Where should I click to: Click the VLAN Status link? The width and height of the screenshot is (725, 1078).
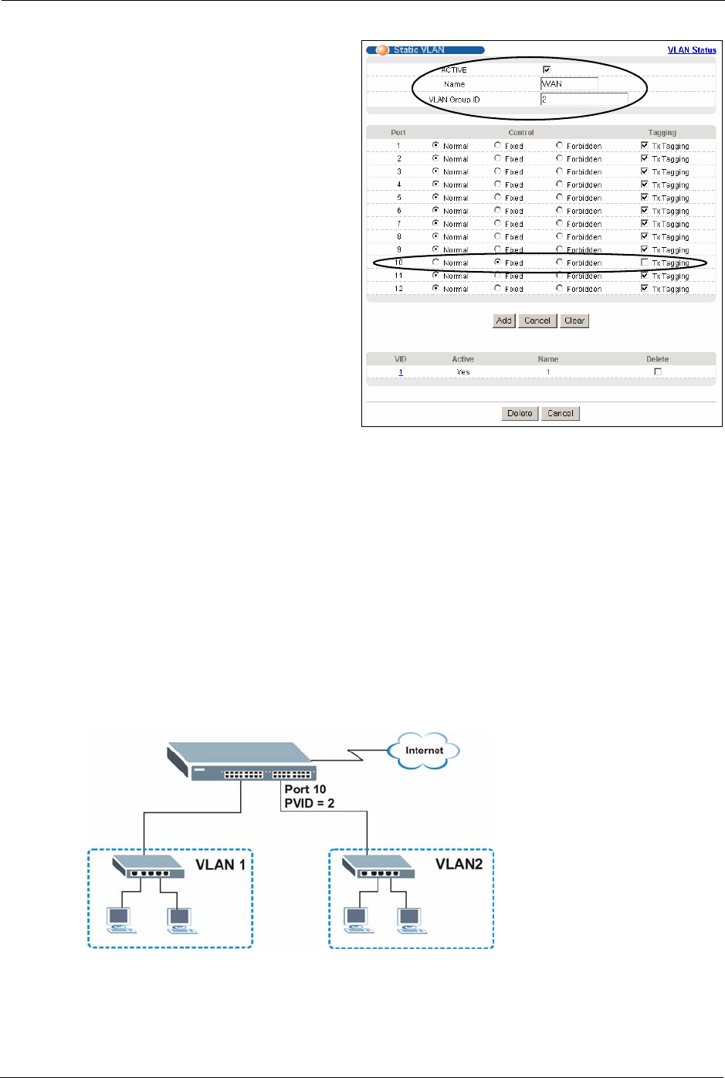coord(691,50)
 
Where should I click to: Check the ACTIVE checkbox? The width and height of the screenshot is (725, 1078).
coord(547,70)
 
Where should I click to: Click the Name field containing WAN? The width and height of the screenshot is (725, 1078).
coord(569,84)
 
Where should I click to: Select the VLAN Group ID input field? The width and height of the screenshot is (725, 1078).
coord(584,100)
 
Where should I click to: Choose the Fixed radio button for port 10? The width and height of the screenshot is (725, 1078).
coord(498,263)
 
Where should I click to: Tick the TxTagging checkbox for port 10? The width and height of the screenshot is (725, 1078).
coord(645,263)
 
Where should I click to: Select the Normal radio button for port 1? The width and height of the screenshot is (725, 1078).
coord(436,145)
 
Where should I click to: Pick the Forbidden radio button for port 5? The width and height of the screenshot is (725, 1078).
coord(560,197)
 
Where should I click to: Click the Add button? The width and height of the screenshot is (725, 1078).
coord(503,320)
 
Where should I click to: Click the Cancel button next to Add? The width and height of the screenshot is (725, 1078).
coord(537,320)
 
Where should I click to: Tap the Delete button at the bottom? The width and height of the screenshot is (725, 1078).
coord(520,413)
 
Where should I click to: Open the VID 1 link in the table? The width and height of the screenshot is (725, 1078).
coord(401,372)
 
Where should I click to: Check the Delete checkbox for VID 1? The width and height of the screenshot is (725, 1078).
coord(658,371)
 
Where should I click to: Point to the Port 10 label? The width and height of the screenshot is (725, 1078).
coord(305,789)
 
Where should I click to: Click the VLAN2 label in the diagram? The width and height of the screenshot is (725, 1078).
coord(459,864)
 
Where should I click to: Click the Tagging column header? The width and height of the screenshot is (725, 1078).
coord(662,133)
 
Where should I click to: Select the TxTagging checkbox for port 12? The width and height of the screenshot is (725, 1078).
coord(645,289)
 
